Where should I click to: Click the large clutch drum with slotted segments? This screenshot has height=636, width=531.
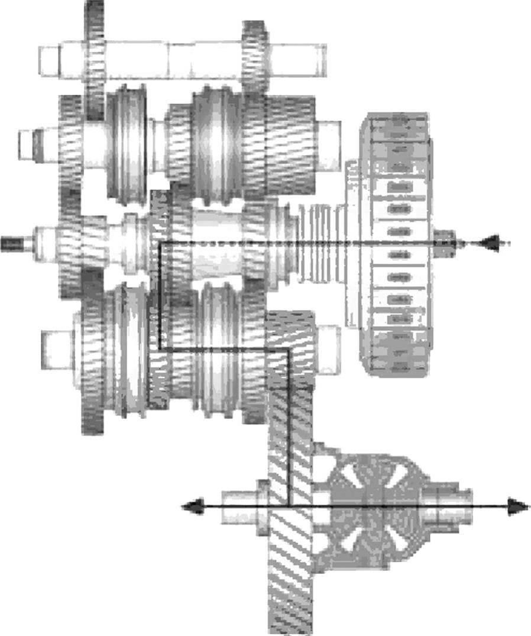tap(397, 244)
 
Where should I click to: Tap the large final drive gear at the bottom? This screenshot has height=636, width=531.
tap(290, 473)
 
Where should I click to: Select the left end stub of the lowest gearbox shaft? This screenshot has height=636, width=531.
tap(57, 349)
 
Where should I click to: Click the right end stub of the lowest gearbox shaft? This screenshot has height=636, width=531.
tap(328, 349)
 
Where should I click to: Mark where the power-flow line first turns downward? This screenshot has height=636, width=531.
tap(161, 243)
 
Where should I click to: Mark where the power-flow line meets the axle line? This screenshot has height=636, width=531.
tap(289, 506)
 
